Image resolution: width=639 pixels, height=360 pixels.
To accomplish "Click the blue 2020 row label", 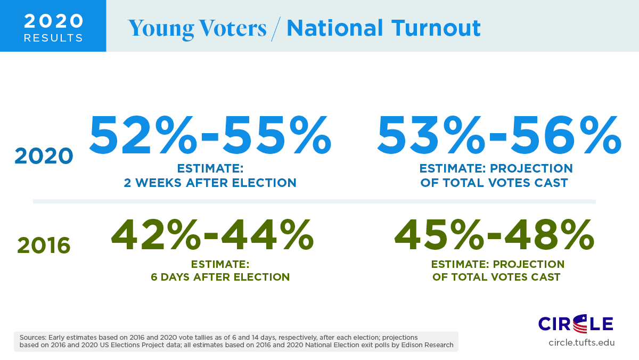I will click(x=44, y=156).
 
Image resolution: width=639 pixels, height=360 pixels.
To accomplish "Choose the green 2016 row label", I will click(x=44, y=246).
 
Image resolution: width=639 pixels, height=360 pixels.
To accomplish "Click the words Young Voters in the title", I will click(x=197, y=28).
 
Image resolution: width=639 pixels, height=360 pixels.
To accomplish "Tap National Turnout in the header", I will click(x=383, y=28).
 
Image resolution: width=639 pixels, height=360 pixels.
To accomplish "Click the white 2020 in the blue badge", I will click(x=54, y=21).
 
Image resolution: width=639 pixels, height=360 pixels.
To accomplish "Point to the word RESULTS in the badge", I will click(x=54, y=38).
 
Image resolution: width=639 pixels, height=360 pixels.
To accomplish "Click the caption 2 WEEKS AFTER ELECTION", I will click(x=210, y=183).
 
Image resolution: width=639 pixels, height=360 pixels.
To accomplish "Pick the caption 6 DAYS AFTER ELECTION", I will click(x=220, y=277).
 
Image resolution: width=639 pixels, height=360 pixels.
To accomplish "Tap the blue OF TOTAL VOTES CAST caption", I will click(x=495, y=183).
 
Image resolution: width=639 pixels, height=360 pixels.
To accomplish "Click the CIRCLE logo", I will click(x=576, y=323).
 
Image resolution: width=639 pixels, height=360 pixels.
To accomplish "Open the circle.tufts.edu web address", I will click(x=581, y=342).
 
